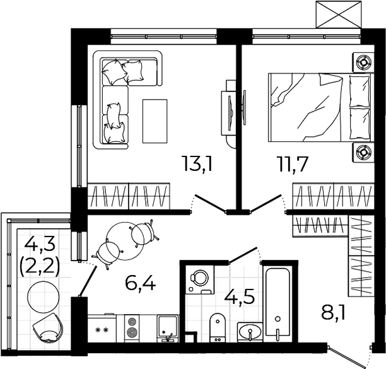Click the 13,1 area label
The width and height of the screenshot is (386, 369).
(196, 164)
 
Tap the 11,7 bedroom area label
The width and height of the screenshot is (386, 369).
(292, 164)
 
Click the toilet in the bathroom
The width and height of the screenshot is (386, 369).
(218, 327)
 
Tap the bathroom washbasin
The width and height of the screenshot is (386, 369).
(250, 332)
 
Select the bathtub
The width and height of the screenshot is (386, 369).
(278, 304)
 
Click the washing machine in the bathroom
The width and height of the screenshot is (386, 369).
(200, 279)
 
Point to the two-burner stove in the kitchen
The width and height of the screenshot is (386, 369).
(132, 328)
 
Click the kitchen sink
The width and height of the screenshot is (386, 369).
(168, 329)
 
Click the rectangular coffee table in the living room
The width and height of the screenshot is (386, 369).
(155, 121)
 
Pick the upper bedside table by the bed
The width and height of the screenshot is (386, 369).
(363, 62)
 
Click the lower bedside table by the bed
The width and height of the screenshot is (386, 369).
(363, 152)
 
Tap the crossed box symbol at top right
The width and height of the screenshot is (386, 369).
(339, 15)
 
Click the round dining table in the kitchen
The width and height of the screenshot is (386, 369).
(125, 241)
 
